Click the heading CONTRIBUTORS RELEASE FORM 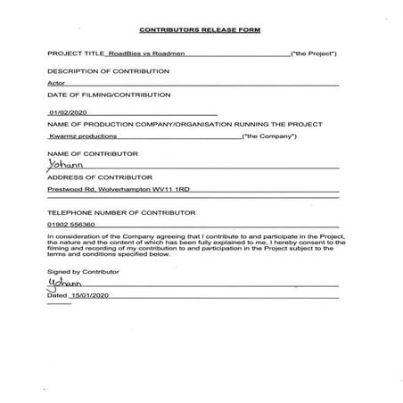[x=201, y=29]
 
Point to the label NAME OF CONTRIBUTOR [x=88, y=154]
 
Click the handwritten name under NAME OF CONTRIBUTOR [x=61, y=165]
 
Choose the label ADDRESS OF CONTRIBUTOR [x=94, y=178]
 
